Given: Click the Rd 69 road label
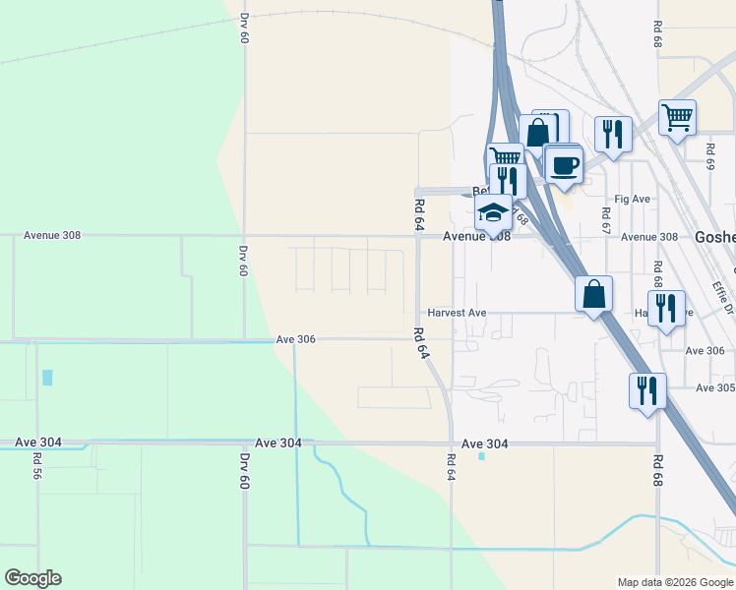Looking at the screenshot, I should click(x=708, y=156).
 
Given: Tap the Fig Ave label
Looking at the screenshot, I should click(x=633, y=199).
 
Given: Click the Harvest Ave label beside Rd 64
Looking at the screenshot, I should click(x=457, y=313).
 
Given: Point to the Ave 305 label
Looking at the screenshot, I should click(x=715, y=387).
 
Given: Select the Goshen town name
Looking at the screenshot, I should click(x=715, y=237).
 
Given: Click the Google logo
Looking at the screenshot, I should click(x=32, y=578).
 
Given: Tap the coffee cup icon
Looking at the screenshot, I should click(x=564, y=164).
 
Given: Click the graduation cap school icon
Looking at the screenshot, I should click(x=493, y=211).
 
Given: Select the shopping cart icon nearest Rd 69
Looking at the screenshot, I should click(x=677, y=118).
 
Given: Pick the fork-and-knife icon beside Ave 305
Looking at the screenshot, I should click(x=648, y=390).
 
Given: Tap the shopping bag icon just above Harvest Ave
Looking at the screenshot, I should click(x=594, y=294).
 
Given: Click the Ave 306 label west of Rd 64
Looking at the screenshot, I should click(x=295, y=339).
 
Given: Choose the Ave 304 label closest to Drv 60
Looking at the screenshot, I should click(x=277, y=443).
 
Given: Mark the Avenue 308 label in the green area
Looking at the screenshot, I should click(x=52, y=236).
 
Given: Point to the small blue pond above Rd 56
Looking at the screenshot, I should click(x=47, y=377).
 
